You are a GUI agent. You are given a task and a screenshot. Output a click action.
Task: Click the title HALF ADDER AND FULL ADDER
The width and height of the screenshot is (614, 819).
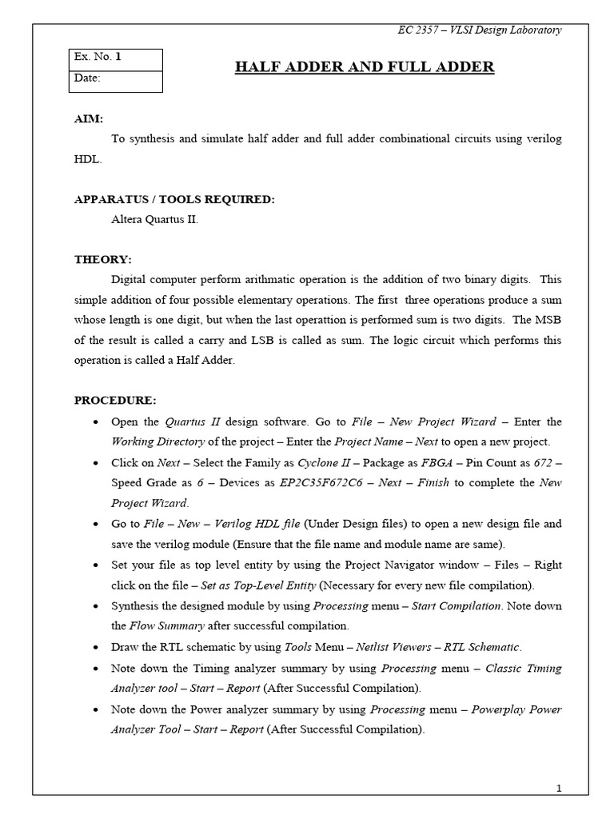[364, 66]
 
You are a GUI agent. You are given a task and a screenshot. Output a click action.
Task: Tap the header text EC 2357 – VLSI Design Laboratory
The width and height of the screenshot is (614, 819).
[480, 30]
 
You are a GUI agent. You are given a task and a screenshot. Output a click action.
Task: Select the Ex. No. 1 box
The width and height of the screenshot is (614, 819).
[115, 58]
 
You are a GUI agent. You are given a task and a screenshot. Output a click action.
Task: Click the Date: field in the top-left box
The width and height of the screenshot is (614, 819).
[115, 78]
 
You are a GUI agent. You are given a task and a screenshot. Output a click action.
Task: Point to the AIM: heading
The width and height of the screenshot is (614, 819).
[89, 118]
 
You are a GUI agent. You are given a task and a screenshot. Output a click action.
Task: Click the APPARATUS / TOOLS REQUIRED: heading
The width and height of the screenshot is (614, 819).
[174, 200]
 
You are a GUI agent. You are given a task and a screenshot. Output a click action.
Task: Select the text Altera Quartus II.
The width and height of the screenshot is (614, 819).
[154, 220]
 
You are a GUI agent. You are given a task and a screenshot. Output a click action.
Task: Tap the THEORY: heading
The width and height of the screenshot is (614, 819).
[103, 260]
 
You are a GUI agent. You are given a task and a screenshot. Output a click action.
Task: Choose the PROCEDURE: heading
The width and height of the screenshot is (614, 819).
[116, 400]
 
